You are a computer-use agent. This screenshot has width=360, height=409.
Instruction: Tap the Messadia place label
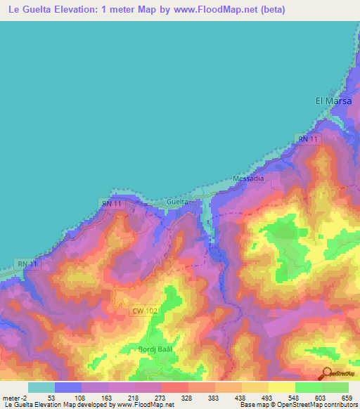point(248,178)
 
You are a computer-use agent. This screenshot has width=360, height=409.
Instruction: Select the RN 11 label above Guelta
point(112,204)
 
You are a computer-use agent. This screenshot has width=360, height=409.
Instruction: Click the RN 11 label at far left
point(27,263)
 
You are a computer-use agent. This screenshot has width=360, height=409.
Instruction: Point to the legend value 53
point(51,397)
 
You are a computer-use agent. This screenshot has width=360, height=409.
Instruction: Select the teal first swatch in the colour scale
point(41,387)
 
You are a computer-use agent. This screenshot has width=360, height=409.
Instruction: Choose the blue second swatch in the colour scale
point(68,387)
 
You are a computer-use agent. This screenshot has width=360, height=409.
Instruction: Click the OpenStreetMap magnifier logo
point(326,374)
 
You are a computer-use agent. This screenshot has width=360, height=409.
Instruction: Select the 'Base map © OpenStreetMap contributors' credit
point(297,405)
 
